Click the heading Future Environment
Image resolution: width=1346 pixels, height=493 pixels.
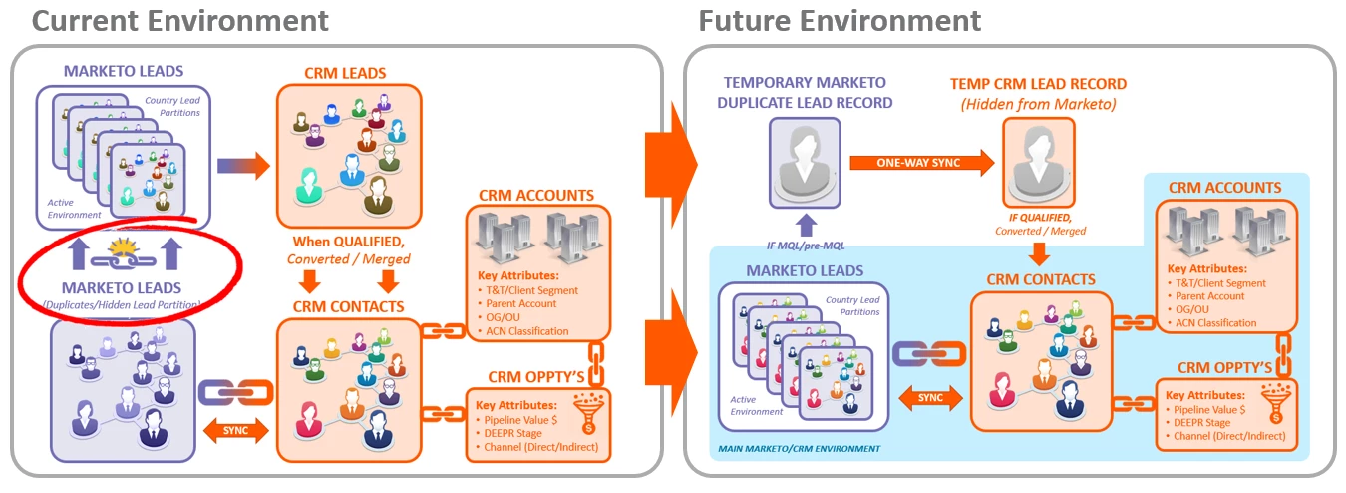click(840, 19)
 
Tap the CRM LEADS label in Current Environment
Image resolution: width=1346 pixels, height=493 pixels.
click(344, 73)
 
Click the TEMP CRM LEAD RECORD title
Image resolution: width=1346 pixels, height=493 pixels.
click(1038, 84)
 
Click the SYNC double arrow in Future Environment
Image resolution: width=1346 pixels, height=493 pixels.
click(929, 397)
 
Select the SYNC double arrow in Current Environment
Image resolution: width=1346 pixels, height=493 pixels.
click(236, 431)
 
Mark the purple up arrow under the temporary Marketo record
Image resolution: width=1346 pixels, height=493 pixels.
click(807, 220)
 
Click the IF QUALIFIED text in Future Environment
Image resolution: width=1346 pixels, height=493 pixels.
click(1038, 217)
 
